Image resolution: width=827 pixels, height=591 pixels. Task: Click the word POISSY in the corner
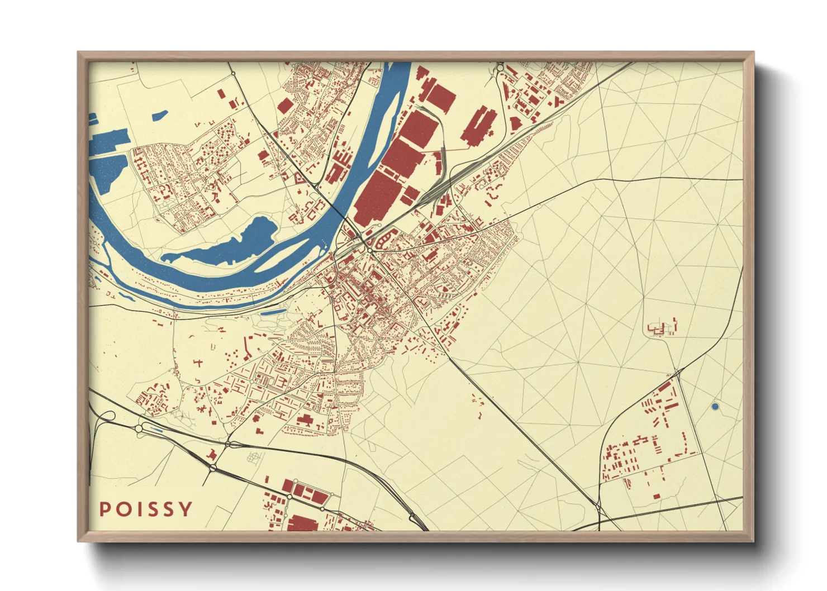146,509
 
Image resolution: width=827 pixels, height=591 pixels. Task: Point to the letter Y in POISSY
186,509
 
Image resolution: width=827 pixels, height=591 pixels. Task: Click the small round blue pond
715,407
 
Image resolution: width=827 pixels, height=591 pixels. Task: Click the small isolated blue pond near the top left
160,115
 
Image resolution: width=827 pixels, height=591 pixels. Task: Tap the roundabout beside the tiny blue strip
139,428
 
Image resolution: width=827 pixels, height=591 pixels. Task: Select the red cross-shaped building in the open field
198,363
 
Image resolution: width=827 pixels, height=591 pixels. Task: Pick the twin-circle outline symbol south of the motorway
254,457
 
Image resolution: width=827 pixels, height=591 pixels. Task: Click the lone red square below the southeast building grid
657,495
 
